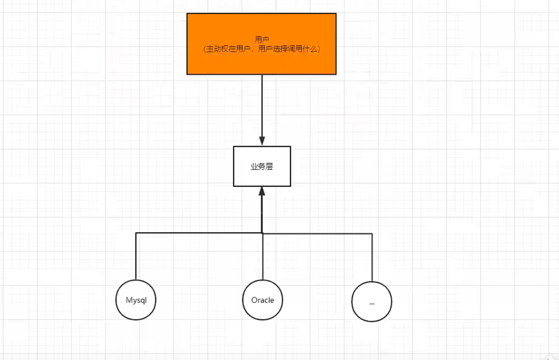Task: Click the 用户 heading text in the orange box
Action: (x=262, y=39)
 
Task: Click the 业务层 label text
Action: (x=262, y=167)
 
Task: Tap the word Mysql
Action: (x=136, y=300)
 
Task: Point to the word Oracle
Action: (x=263, y=300)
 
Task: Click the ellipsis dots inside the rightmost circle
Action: (x=372, y=304)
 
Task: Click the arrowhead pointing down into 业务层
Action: (x=262, y=141)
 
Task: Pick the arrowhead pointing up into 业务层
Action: (x=262, y=191)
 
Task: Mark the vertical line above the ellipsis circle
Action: (x=372, y=258)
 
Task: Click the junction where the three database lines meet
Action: (x=262, y=233)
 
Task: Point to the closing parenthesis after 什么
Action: (x=319, y=49)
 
